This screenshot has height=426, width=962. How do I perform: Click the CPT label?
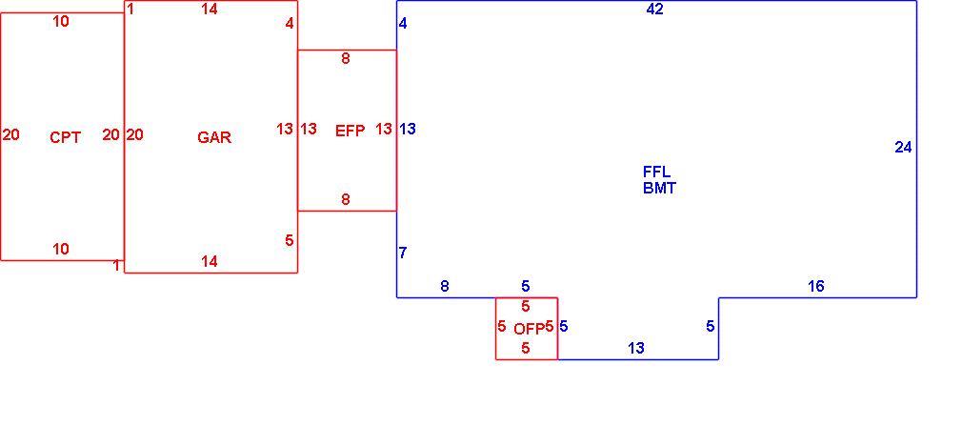[x=65, y=137]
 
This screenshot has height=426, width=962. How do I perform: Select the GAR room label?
[x=214, y=137]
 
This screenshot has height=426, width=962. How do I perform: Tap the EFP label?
[x=350, y=131]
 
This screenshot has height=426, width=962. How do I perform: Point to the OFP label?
[x=529, y=329]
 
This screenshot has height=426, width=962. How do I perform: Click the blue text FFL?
[x=656, y=172]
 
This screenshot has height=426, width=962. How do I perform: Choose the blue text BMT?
[x=659, y=189]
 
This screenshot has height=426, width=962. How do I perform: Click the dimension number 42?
[x=654, y=10]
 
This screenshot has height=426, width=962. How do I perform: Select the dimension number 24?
[x=903, y=148]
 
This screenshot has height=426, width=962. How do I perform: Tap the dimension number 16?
[x=816, y=286]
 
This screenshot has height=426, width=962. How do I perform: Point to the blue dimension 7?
[x=403, y=253]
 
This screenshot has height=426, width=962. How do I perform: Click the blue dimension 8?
[x=445, y=286]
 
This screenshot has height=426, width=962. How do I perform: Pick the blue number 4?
[x=403, y=24]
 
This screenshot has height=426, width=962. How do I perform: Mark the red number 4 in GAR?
[x=290, y=24]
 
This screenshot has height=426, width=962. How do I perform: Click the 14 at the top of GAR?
[x=210, y=10]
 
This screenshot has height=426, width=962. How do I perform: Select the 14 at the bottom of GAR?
[x=210, y=262]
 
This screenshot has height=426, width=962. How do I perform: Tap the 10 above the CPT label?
[x=61, y=22]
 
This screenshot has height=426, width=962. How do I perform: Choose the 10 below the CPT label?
[x=61, y=250]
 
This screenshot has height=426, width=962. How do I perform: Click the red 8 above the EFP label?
[x=346, y=59]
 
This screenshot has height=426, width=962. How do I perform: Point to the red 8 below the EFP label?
[x=346, y=199]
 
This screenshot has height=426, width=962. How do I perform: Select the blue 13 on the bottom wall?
[x=636, y=349]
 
